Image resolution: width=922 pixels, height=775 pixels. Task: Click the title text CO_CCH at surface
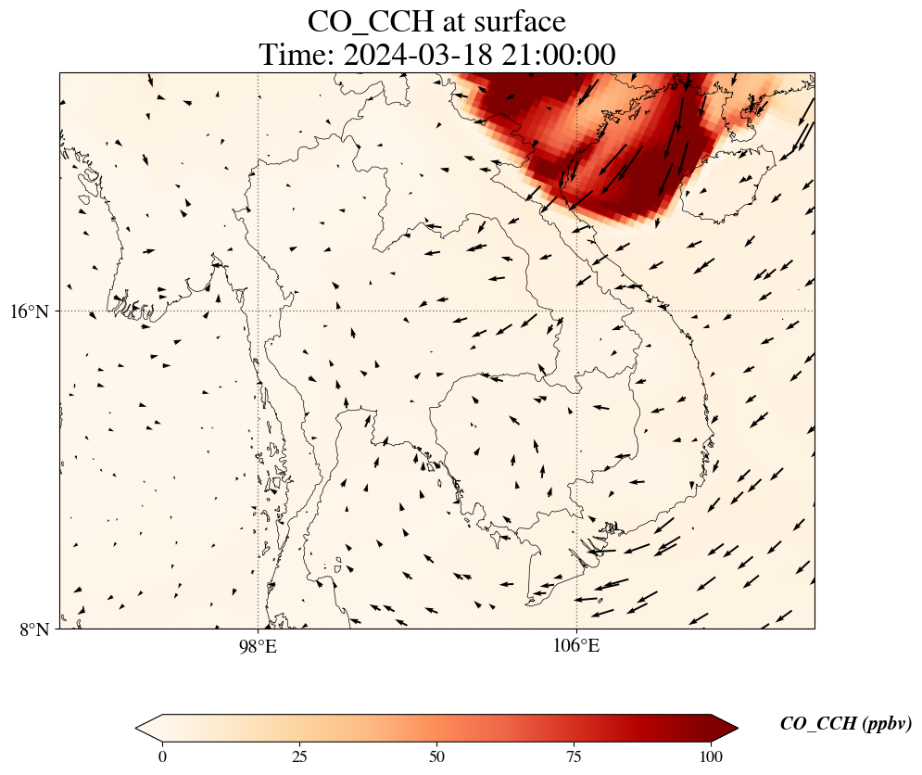[436, 20]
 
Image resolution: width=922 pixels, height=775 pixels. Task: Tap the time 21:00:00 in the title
[559, 55]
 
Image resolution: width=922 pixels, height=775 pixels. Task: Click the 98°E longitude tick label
[258, 646]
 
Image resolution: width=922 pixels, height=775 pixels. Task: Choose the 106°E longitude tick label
[576, 646]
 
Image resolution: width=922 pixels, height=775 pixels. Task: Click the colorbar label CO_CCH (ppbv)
[845, 724]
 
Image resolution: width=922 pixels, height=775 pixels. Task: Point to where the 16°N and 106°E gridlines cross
[576, 311]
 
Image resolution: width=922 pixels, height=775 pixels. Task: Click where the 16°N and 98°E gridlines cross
[258, 311]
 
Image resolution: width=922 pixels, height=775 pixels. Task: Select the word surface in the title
[517, 20]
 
